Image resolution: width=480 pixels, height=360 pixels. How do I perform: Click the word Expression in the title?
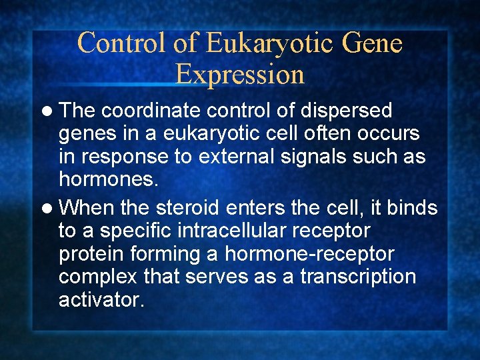pos(240,74)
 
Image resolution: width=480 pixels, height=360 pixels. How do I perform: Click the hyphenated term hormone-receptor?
pos(309,254)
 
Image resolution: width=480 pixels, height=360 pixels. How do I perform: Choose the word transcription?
pos(358,277)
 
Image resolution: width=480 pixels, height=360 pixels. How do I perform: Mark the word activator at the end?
pos(101,300)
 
